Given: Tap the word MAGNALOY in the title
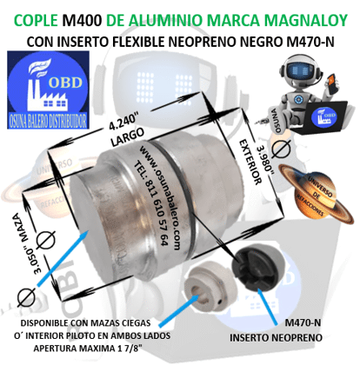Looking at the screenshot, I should (x=300, y=14).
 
